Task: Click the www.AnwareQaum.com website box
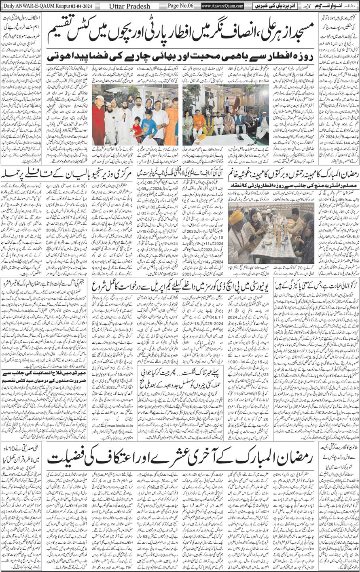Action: click(222, 6)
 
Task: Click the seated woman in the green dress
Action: click(188, 125)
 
